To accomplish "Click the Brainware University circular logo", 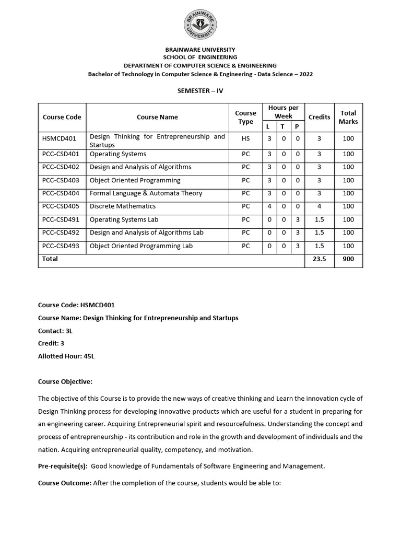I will tap(200, 25).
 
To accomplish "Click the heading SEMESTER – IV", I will tap(200, 90).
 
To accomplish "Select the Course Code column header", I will tap(62, 117).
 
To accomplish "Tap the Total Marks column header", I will tap(348, 117).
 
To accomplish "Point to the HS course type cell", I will tap(245, 139).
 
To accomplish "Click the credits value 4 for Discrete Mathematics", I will tap(319, 206).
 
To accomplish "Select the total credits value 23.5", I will tap(319, 259).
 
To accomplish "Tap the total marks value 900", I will tap(348, 259).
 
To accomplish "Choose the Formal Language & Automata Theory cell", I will tap(146, 193).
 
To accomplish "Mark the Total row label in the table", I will tap(50, 259).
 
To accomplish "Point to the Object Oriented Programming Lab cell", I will tap(141, 246).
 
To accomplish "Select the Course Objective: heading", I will tap(65, 382).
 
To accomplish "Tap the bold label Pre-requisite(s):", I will tap(65, 466).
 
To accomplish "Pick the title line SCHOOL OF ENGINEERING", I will tap(200, 57).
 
